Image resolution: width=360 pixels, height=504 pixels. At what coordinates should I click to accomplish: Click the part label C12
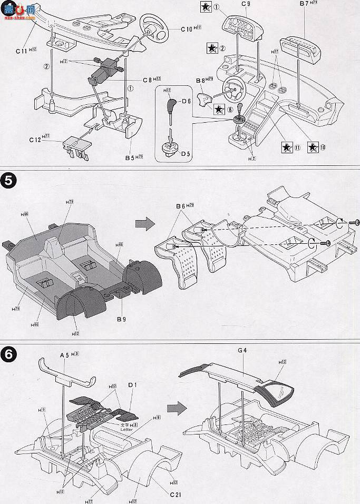37,140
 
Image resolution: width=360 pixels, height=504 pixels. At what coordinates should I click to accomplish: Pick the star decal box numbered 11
287,147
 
